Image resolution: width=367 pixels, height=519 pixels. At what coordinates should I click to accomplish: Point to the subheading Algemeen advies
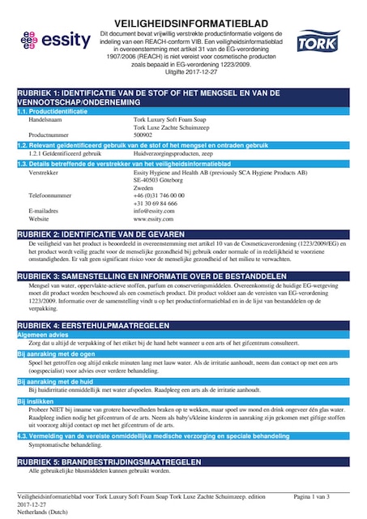coord(44,334)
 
